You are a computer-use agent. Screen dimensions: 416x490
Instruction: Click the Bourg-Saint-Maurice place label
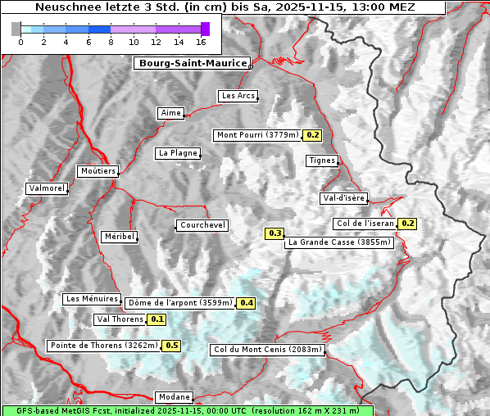[192, 63]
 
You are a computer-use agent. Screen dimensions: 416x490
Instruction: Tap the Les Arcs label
[238, 96]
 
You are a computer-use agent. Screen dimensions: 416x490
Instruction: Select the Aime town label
[170, 113]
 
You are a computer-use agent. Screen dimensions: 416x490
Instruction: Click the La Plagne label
[178, 153]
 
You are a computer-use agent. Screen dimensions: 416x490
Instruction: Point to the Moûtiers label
[98, 171]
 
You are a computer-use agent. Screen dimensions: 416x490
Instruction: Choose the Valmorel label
[46, 188]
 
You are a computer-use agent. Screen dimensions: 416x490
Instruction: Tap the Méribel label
[119, 237]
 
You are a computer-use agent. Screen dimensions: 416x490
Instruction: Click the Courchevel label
[202, 225]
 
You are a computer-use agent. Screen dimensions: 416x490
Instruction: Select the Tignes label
[322, 161]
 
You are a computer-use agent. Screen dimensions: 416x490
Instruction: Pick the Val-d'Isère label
[343, 198]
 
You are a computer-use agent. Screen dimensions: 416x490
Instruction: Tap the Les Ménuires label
[92, 299]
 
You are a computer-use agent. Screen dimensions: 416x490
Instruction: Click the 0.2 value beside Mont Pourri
[312, 135]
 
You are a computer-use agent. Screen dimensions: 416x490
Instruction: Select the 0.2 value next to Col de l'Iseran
[407, 224]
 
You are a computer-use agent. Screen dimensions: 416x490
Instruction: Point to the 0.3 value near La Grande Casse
[274, 233]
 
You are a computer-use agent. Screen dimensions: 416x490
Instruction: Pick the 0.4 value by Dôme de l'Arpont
[246, 303]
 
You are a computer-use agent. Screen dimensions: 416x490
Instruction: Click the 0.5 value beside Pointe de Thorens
[171, 346]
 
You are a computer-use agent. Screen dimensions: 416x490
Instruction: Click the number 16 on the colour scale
[201, 42]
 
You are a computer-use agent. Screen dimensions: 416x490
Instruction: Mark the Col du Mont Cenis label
[267, 350]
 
